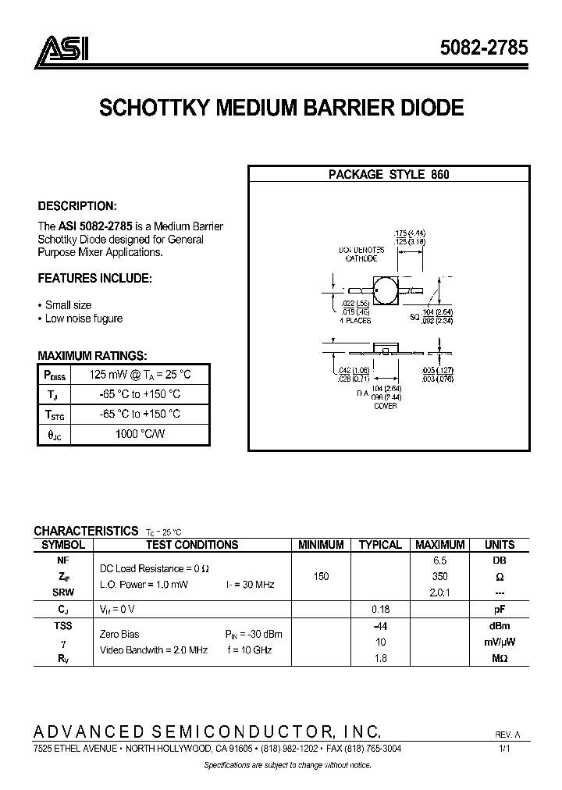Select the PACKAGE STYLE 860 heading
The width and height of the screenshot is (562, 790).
tap(388, 175)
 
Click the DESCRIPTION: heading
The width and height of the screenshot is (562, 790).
tap(77, 206)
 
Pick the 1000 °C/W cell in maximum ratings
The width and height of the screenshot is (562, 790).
tap(140, 433)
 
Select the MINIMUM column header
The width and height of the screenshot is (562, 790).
tap(321, 545)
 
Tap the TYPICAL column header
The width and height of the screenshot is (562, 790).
tap(380, 545)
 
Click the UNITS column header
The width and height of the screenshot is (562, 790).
tap(500, 545)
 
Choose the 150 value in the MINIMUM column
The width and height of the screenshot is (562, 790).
tap(321, 576)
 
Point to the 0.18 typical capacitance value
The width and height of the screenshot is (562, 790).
tap(380, 607)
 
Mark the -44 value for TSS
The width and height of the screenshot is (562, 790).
tap(380, 626)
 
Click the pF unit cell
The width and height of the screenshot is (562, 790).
tap(500, 607)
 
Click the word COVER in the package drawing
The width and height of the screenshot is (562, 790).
tap(385, 406)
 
